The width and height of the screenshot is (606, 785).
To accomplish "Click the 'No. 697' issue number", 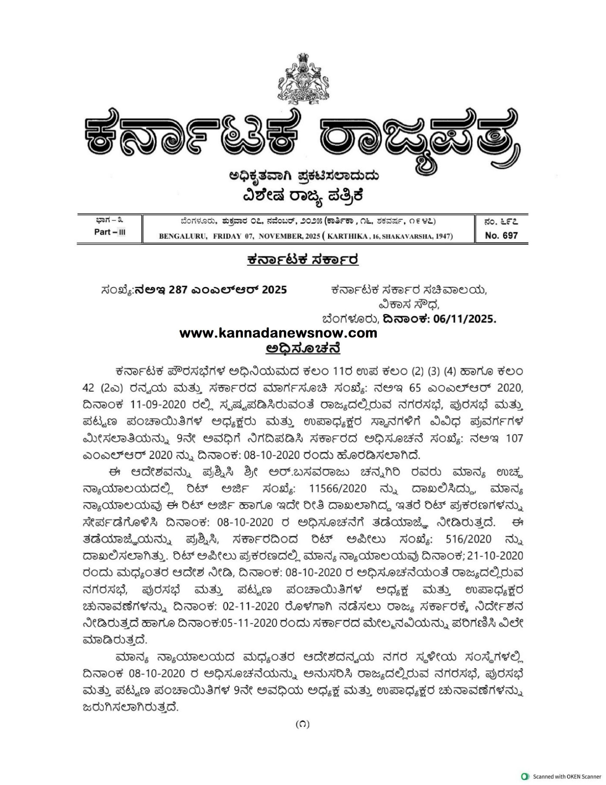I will coord(501,235).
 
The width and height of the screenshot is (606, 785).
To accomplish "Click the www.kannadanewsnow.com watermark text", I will coord(278,333).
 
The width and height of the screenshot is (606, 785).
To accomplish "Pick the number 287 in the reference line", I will coord(179,290).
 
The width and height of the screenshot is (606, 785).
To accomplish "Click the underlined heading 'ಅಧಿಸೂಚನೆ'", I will coord(303,349).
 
